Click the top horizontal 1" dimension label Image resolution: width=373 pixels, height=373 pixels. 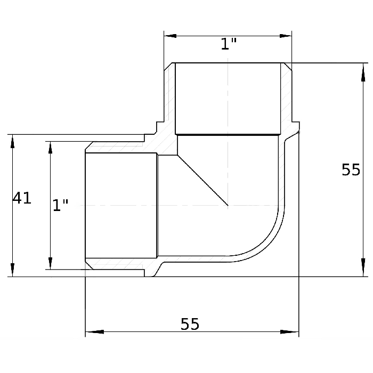229,44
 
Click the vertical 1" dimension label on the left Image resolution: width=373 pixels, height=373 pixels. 60,205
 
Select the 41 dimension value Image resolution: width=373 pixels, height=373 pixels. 22,198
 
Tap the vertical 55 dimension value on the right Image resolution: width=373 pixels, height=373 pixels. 351,170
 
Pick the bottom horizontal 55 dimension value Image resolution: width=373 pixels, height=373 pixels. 190,324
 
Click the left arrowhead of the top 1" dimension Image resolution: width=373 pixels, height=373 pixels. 170,36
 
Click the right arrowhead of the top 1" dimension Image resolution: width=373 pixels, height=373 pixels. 286,36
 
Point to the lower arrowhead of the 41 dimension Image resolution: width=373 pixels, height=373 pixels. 12,270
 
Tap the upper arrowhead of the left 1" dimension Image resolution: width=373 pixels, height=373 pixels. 50,148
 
